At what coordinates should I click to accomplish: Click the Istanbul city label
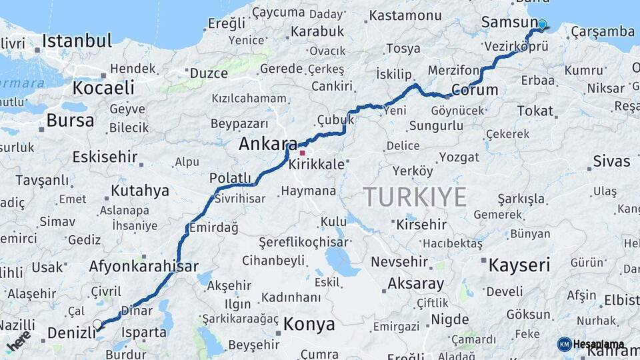pos(77,41)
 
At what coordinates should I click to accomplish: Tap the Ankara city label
pos(268,144)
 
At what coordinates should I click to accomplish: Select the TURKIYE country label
pos(415,197)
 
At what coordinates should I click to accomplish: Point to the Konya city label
pos(309,325)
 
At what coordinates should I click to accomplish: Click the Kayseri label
pos(519,265)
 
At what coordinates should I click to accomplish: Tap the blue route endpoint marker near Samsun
pos(542,25)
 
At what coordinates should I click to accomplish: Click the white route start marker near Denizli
pos(97,325)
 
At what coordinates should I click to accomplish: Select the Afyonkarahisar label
pos(143,267)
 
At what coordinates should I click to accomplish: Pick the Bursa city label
pos(70,121)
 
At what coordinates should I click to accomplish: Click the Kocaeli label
pos(103,87)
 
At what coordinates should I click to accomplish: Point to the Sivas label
pos(611,161)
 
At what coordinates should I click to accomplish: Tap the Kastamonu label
pos(415,15)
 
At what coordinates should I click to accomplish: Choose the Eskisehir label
pos(105,158)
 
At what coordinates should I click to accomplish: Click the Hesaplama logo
pos(591,345)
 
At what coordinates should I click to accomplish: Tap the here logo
pos(19,341)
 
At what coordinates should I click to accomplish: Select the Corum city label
pos(475,90)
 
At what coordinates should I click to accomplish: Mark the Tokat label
pos(535,111)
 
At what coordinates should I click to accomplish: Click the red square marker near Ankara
pos(302,153)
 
